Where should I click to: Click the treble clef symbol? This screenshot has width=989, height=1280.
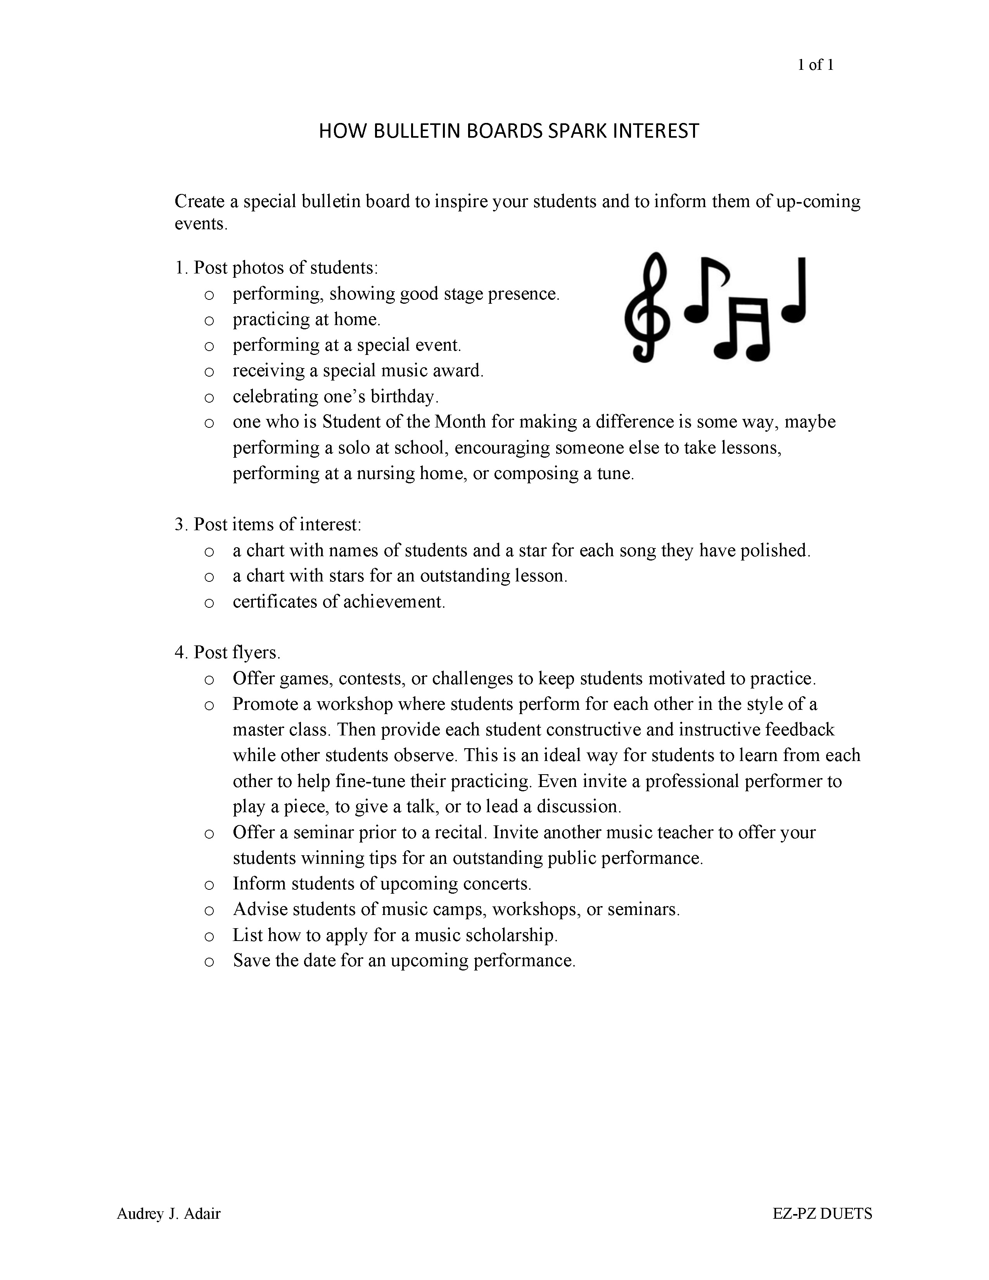click(647, 307)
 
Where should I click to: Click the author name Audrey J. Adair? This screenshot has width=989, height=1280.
click(169, 1213)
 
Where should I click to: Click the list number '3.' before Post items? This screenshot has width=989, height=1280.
click(180, 524)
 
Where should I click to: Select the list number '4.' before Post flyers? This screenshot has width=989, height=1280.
click(180, 652)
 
